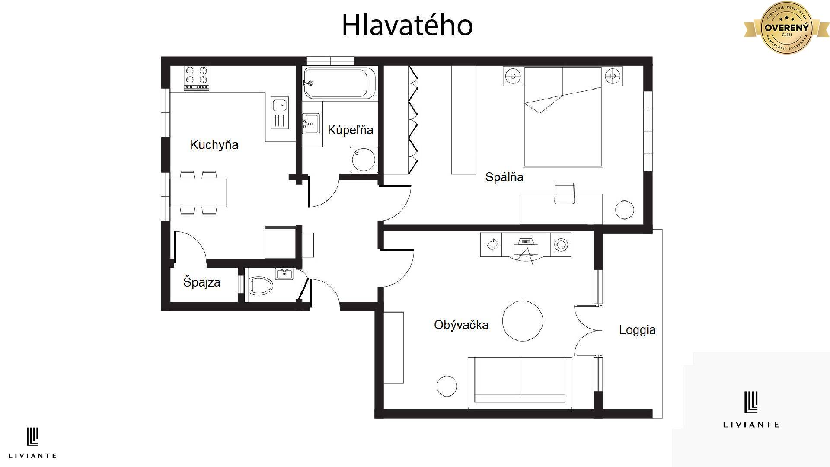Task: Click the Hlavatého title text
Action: coord(407,25)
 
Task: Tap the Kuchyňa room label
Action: coord(214,144)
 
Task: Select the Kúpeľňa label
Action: coord(350,130)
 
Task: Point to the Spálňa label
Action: coord(504,177)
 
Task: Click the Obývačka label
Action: coord(461,325)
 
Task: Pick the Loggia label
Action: coord(637,330)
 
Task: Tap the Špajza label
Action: coord(202,282)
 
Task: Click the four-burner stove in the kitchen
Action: coord(197,78)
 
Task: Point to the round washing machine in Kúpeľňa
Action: coord(364,160)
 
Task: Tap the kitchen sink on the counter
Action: coord(280,113)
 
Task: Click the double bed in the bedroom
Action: coord(563,118)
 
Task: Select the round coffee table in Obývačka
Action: coord(523,321)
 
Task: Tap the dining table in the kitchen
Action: coord(198,193)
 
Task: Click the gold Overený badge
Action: coord(786,27)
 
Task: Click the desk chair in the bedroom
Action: coord(564,193)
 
